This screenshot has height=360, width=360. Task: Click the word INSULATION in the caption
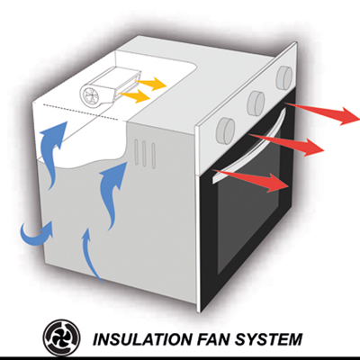point(141,338)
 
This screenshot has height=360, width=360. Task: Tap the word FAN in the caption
point(211,338)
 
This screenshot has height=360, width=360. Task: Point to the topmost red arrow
point(321,112)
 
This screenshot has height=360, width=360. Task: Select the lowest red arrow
point(251,181)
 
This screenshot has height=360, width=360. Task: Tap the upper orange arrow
point(150,84)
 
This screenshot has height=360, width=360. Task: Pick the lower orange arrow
point(134,96)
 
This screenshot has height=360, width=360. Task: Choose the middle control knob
point(256,103)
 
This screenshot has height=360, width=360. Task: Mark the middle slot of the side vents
point(145,153)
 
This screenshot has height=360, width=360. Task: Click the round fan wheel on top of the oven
point(89,94)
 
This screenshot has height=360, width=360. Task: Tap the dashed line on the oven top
point(85,112)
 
